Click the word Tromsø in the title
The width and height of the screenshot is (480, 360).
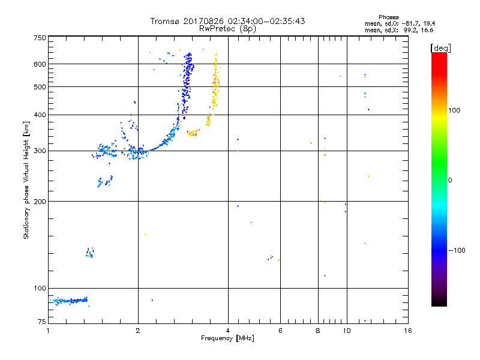tap(164, 21)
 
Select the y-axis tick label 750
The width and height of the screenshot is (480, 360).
tap(40, 38)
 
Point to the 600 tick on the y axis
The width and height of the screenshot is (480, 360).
tap(40, 64)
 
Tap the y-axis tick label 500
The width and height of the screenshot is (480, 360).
tap(40, 87)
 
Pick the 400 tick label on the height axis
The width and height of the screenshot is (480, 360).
tap(40, 115)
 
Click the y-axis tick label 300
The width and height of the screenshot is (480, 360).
tap(40, 151)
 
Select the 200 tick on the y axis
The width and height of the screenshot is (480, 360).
tap(40, 202)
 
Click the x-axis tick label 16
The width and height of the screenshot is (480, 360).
tap(407, 331)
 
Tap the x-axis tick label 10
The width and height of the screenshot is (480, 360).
tap(346, 331)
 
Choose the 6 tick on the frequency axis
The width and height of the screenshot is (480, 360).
tap(281, 331)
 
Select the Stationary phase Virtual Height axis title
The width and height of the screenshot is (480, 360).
tap(26, 181)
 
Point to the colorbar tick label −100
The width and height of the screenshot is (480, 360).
tap(459, 250)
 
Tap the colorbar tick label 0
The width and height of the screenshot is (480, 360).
tap(451, 180)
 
